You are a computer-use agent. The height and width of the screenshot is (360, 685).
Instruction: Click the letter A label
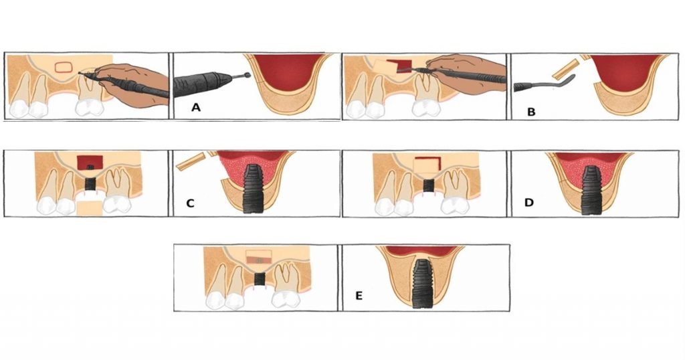pyautogui.click(x=196, y=107)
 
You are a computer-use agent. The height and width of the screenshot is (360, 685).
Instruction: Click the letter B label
pyautogui.click(x=531, y=112)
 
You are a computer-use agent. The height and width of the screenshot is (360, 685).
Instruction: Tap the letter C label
pyautogui.click(x=190, y=203)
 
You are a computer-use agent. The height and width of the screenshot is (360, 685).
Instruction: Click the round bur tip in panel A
pyautogui.click(x=248, y=76)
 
